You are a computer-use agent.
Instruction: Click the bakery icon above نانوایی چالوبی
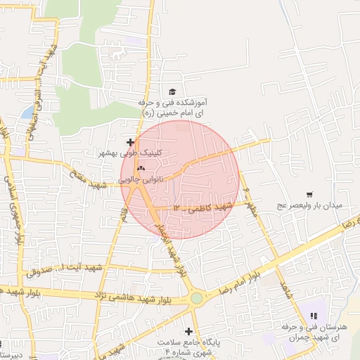point(141,169)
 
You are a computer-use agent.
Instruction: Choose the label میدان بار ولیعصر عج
point(316,205)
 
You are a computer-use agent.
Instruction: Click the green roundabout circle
point(196,298)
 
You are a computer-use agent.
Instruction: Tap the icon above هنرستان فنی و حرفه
point(314,316)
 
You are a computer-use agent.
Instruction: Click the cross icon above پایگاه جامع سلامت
point(188,330)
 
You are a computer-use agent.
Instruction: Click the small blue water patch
point(27,112)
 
